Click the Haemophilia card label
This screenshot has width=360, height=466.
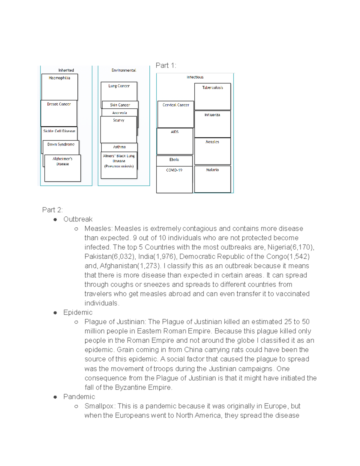59,78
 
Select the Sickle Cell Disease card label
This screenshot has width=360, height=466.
59,131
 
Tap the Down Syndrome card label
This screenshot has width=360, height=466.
61,144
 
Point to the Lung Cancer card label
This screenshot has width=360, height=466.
119,86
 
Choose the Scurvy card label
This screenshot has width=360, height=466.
118,120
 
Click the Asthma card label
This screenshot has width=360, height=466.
119,147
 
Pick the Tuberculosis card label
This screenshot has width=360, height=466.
212,88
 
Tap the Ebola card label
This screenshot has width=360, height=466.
174,160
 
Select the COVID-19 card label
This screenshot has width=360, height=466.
174,170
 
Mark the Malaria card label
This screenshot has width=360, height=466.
212,170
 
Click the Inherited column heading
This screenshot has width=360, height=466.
66,70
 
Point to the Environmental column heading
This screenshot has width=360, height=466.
124,70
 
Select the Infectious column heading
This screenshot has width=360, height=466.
195,77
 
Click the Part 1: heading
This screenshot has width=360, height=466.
166,65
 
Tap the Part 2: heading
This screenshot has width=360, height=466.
52,210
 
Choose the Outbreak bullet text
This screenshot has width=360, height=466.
78,219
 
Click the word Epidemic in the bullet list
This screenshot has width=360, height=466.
78,312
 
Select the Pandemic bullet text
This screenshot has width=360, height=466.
79,397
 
